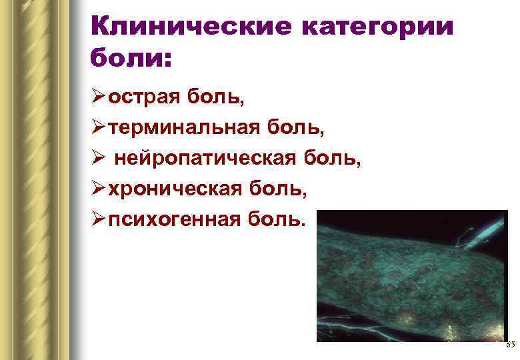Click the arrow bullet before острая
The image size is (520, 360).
pyautogui.click(x=98, y=98)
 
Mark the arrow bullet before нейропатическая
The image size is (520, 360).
pyautogui.click(x=98, y=159)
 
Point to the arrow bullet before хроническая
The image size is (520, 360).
pyautogui.click(x=98, y=189)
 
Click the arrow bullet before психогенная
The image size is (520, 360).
pyautogui.click(x=98, y=219)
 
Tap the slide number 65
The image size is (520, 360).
pyautogui.click(x=510, y=345)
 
